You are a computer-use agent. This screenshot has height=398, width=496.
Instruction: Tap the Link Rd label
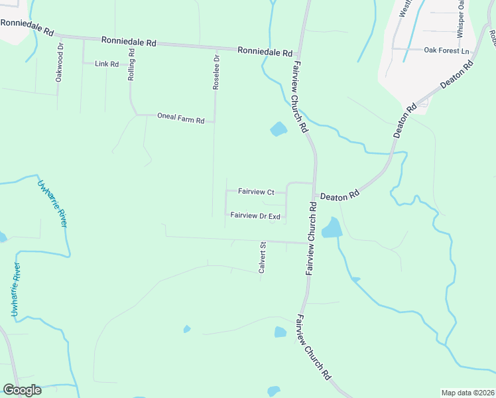coord(106,64)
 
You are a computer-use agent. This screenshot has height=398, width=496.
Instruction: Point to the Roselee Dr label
coord(216,72)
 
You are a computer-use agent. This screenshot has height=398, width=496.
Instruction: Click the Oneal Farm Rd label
coord(180,116)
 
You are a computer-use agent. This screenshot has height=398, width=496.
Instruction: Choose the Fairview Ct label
coord(256,192)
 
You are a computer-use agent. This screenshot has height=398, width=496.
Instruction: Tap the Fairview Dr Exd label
coord(255,216)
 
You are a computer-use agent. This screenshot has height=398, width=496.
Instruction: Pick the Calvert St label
coord(262,257)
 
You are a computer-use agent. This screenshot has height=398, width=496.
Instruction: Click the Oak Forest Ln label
coord(446,51)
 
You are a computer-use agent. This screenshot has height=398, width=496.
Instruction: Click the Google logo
coord(22,390)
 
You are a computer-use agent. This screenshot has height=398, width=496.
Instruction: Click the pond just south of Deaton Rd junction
coord(331,228)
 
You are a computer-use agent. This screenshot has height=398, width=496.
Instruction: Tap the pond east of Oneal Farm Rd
coord(279,129)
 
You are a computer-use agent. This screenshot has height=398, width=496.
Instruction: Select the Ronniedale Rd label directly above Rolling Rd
coord(129,41)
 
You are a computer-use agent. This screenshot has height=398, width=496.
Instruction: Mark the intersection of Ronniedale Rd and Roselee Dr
coord(216,48)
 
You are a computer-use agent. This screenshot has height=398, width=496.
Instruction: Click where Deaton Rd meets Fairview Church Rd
coord(314,184)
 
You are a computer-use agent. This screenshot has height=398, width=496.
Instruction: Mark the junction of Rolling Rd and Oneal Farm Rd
coord(137,115)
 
